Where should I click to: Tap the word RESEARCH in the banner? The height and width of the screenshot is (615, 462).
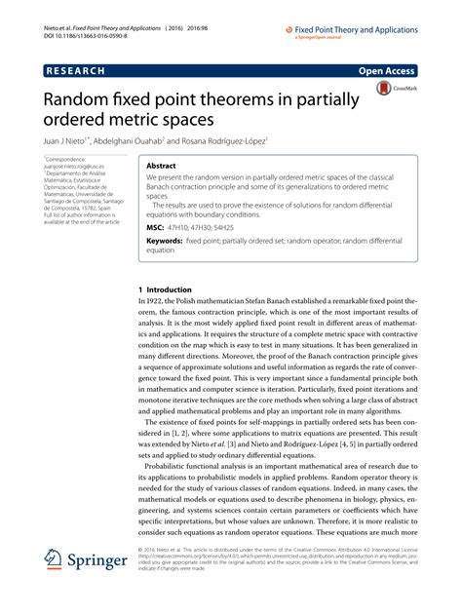pyautogui.click(x=81, y=71)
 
